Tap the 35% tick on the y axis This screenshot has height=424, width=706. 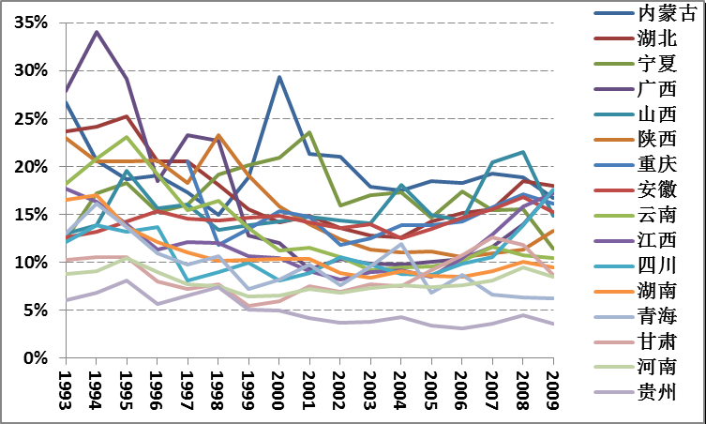(31, 23)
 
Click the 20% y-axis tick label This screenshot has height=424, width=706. (31, 167)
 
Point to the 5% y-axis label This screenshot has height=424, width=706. (36, 310)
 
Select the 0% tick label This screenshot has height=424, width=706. (36, 358)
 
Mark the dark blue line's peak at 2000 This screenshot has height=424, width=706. (279, 77)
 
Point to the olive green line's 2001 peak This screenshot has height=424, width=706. (309, 133)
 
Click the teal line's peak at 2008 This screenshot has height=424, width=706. (523, 152)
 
